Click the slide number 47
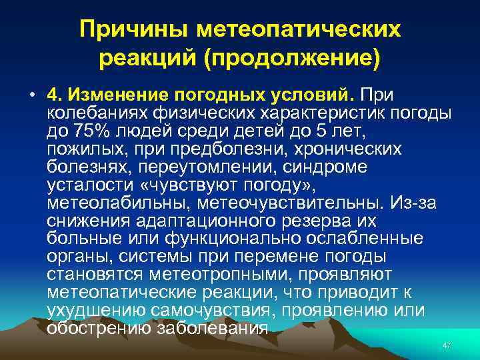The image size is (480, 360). point(447,345)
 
